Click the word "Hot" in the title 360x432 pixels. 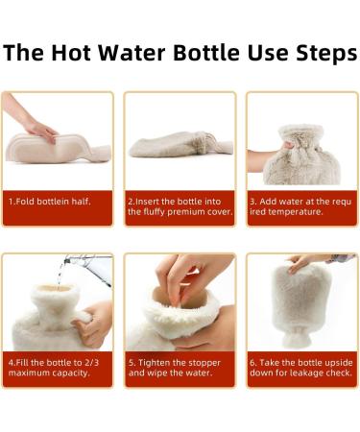coord(70,53)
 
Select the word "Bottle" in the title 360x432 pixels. coord(206,53)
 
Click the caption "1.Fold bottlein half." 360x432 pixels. coord(50,202)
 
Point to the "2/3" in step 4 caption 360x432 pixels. coord(91,363)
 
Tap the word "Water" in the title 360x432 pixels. coord(132,53)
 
